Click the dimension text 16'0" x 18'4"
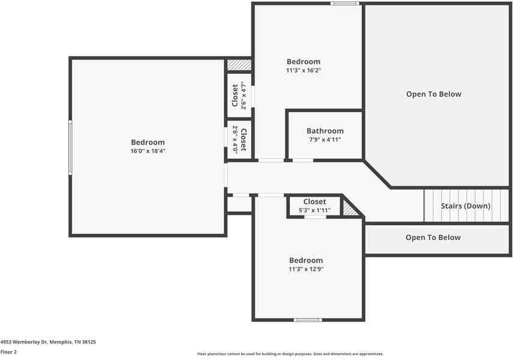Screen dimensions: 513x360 point(148,151)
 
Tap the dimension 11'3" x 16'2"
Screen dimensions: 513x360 point(303,70)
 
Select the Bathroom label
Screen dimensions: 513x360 point(325,131)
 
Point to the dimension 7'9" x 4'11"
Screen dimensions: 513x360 point(325,140)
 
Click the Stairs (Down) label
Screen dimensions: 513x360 point(465,206)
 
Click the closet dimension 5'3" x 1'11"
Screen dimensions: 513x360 point(314,211)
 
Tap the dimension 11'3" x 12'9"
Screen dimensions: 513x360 point(306,269)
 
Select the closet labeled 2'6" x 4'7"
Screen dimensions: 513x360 point(239,95)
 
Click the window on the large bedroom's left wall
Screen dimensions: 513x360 point(70,147)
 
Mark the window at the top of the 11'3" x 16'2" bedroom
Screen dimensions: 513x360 point(345,4)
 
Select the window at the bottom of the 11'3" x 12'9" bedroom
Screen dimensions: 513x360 point(308,320)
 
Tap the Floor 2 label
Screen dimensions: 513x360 point(8,352)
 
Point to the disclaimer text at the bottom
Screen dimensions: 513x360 point(290,354)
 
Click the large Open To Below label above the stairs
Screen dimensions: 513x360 point(433,94)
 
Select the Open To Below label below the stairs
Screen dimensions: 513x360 point(433,238)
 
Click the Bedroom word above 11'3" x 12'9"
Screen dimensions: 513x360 point(306,260)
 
